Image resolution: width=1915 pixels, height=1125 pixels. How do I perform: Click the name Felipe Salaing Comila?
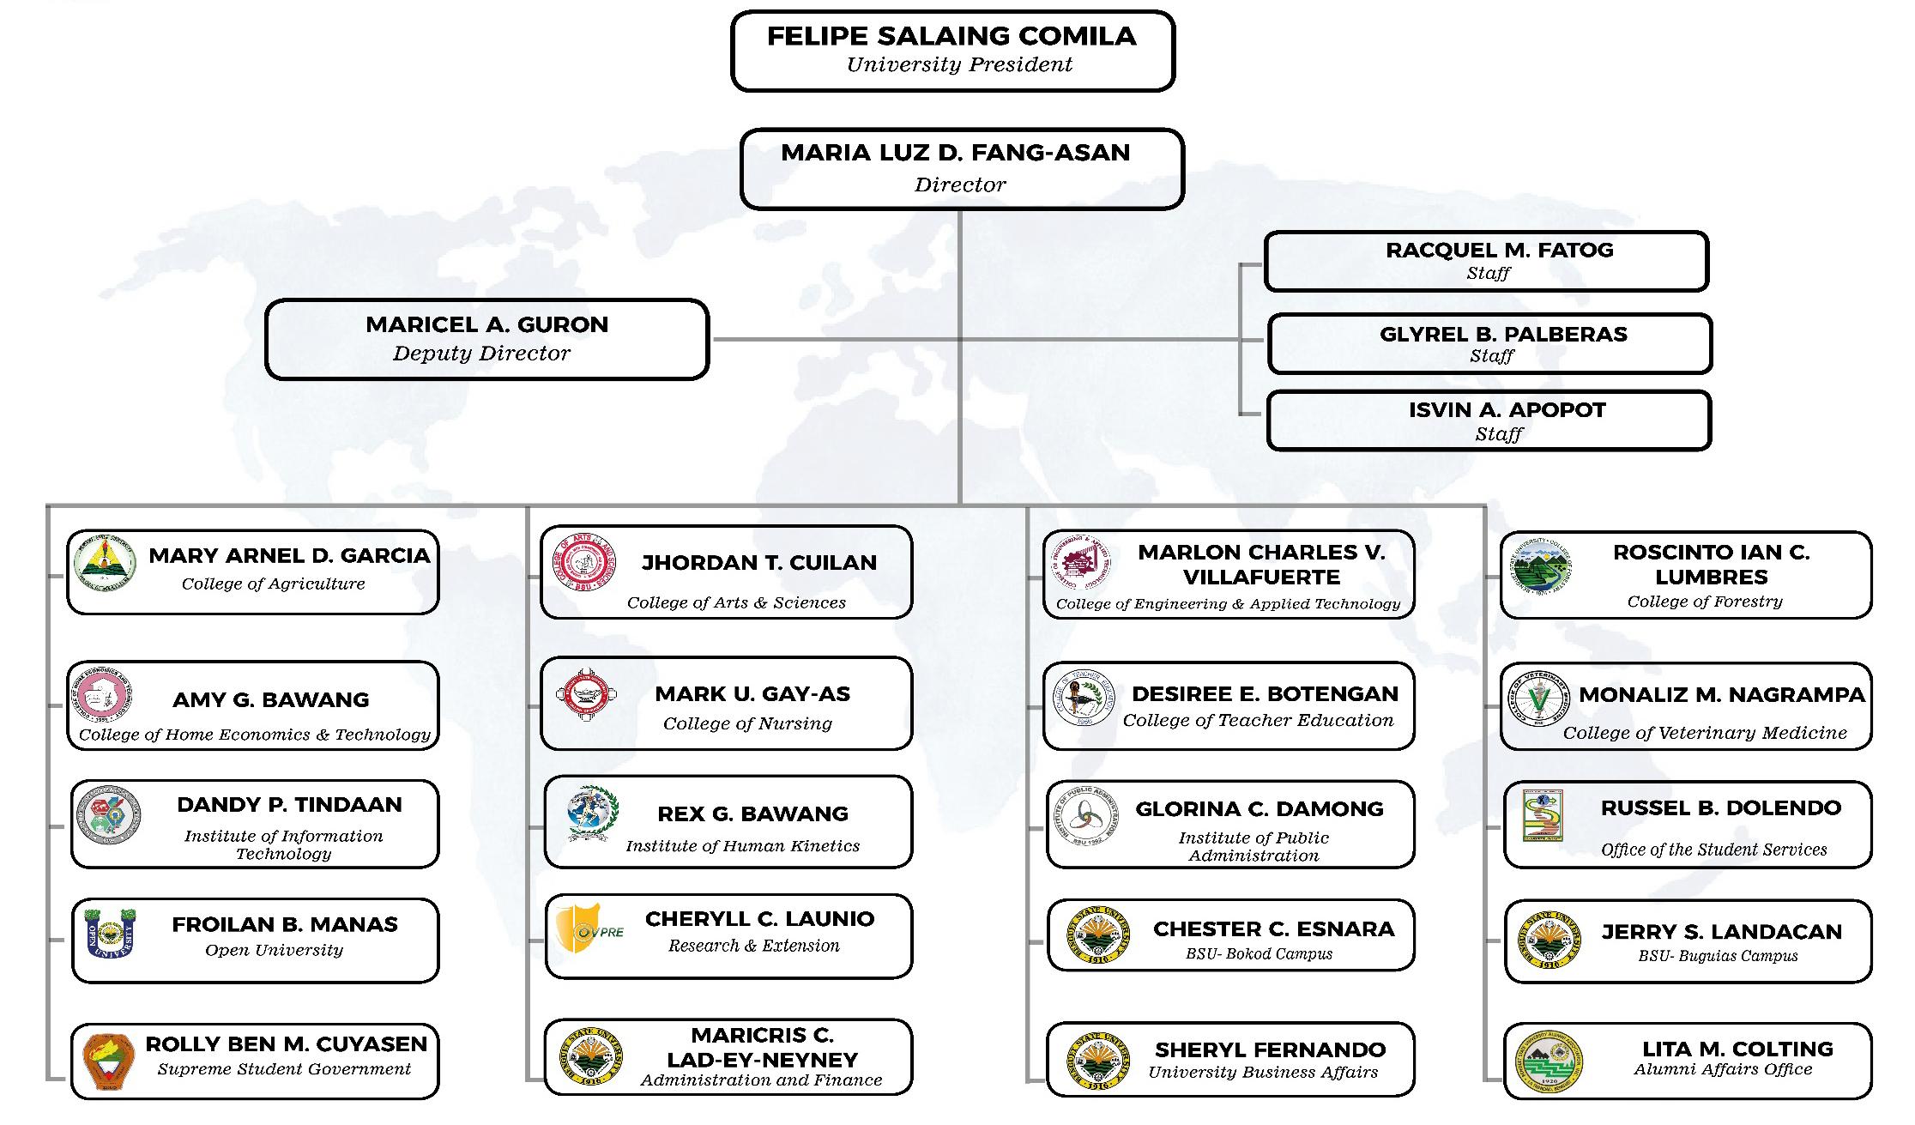tap(951, 36)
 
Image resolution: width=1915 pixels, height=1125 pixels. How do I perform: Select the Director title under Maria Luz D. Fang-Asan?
tap(960, 184)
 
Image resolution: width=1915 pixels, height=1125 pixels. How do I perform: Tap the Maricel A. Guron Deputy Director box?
tap(486, 339)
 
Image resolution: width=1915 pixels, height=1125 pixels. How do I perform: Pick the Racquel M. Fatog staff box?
tap(1486, 261)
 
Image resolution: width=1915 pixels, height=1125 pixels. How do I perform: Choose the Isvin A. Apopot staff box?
tap(1489, 420)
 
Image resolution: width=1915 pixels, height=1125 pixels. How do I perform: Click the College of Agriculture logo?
tap(105, 564)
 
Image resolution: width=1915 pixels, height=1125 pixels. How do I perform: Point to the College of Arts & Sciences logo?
tap(584, 564)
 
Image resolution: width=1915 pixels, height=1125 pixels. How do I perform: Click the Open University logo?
tap(111, 934)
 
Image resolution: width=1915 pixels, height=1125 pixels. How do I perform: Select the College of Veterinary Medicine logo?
tap(1537, 698)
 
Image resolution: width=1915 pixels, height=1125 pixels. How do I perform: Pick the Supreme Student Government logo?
tap(109, 1061)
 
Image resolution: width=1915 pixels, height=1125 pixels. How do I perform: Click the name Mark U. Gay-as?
tap(752, 694)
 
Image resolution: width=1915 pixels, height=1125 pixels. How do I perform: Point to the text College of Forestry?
tap(1705, 602)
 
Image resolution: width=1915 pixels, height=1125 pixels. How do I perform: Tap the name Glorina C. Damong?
tap(1260, 809)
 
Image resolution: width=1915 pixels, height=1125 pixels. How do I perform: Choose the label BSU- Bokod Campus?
tap(1260, 953)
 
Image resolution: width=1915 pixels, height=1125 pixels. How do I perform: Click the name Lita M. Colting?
tap(1737, 1049)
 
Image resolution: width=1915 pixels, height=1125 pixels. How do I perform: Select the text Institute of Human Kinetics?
tap(742, 846)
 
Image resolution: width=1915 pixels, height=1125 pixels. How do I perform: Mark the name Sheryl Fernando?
tap(1270, 1049)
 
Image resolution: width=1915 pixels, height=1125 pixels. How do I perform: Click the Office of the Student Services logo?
tap(1543, 815)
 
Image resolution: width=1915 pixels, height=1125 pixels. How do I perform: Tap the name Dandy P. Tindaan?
tap(289, 805)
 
